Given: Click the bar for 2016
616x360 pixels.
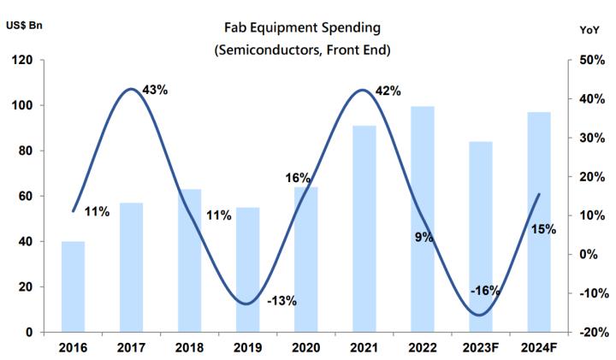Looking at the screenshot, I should (73, 286).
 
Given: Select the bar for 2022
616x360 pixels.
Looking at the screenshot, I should (423, 219).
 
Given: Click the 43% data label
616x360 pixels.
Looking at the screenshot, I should (154, 90).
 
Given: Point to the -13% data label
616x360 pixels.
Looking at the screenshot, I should (281, 300).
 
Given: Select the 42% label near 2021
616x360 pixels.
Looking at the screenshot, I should (388, 91).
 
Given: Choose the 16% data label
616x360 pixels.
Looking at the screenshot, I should (298, 178).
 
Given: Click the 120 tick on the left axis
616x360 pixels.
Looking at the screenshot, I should (23, 61).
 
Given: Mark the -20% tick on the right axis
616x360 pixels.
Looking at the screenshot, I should (591, 332).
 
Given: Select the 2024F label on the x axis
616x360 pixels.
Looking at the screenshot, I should (539, 348).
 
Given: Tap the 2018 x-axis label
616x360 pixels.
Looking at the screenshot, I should (189, 348).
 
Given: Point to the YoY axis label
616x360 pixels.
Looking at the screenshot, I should (589, 29).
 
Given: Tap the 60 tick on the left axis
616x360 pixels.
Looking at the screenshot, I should (27, 197).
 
